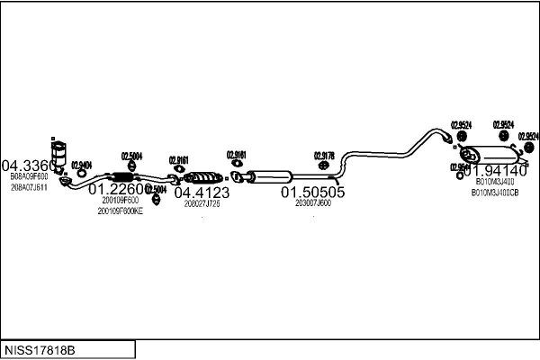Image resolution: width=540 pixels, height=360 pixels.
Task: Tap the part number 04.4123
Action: coord(202,192)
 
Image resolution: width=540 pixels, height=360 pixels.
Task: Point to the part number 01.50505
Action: coord(312,192)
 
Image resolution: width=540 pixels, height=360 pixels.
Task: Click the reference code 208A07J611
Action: coord(30,187)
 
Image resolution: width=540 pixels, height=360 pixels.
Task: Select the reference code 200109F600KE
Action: coord(121,211)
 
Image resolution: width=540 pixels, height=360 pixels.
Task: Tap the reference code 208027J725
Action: coord(202,203)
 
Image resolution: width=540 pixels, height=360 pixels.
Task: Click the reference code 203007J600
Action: coord(312,203)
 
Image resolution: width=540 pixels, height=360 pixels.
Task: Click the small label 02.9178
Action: coord(324,155)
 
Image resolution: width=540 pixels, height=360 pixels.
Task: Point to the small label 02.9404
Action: coord(82,165)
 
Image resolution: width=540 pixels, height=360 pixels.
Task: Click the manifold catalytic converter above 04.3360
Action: coord(61,153)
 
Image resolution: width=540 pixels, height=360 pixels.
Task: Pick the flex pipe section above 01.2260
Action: coord(119,175)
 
